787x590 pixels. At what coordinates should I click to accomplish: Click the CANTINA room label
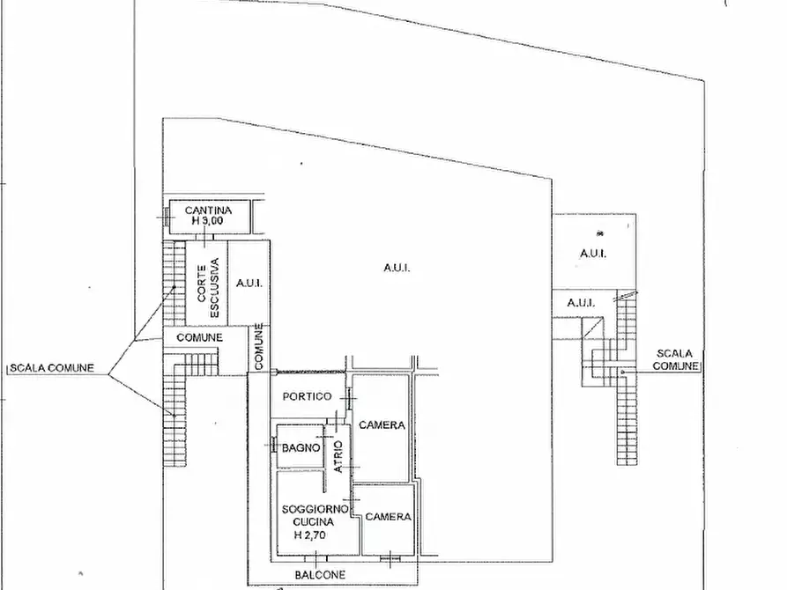[207, 210]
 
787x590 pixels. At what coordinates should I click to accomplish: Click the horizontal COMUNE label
[199, 337]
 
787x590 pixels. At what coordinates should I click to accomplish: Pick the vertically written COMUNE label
[260, 346]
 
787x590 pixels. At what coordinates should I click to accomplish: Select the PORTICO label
[306, 396]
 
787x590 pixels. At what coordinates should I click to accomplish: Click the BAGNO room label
[301, 448]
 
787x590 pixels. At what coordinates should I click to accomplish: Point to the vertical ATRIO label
[338, 457]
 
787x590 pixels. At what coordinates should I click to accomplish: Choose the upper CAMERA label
[381, 425]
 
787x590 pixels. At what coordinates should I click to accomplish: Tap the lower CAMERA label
[388, 517]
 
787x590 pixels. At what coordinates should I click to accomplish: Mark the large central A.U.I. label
[396, 269]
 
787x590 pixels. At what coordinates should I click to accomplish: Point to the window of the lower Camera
[388, 557]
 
